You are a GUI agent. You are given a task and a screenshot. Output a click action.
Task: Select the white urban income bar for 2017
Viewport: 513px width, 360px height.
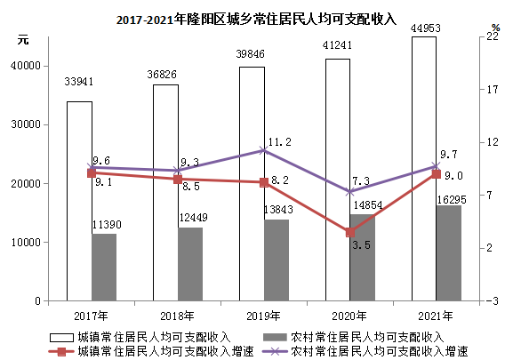point(80,201)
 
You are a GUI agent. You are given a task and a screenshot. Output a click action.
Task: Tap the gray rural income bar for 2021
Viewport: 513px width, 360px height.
point(449,252)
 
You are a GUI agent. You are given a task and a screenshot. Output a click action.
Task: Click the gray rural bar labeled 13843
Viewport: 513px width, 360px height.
point(277,260)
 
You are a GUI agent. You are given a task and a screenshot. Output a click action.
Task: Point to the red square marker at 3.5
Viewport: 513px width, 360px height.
point(350,233)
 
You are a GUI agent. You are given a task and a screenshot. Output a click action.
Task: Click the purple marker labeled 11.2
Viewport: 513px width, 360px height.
point(264,150)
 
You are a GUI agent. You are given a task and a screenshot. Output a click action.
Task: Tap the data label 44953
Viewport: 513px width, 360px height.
point(424,26)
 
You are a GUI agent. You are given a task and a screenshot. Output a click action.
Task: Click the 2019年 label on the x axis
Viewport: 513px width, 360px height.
point(264,316)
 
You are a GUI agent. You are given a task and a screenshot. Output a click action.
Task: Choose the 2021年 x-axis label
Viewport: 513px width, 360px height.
point(437,316)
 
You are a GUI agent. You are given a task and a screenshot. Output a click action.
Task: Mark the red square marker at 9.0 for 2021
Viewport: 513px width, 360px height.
point(437,174)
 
